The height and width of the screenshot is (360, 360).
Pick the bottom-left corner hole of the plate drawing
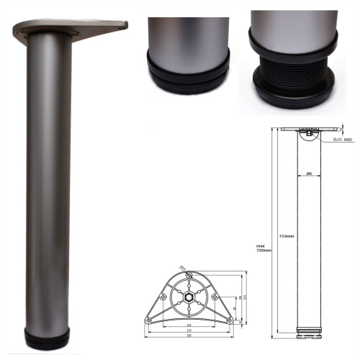click(x=148, y=320)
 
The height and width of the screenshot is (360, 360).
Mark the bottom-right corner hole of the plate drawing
click(x=229, y=320)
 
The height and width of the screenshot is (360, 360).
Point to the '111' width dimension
click(x=189, y=325)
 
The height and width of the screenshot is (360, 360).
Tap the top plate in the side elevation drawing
click(x=308, y=130)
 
